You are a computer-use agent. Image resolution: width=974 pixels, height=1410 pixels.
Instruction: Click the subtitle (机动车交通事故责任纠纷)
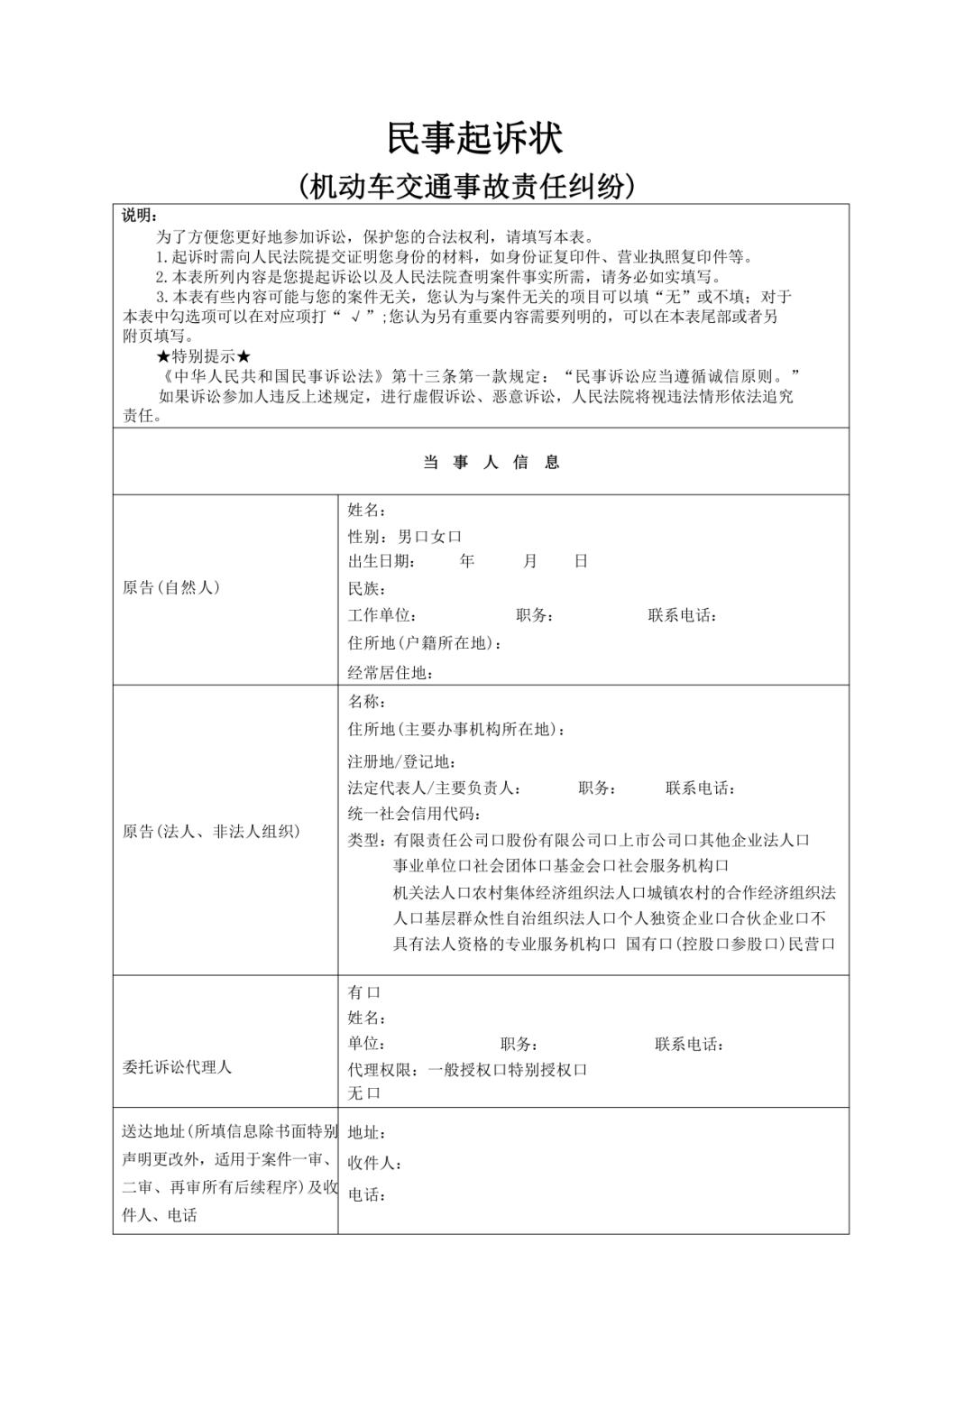(467, 186)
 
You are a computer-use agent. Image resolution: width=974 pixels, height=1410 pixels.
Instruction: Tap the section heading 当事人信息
(492, 462)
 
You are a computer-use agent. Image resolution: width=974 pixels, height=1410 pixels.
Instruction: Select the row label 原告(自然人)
(171, 587)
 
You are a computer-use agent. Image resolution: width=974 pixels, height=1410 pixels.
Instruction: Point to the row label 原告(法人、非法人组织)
(211, 832)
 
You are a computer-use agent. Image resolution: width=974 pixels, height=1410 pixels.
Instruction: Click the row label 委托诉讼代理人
(177, 1067)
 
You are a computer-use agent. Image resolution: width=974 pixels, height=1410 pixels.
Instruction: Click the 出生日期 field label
(381, 561)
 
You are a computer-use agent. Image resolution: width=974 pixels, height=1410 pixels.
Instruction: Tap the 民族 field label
(366, 589)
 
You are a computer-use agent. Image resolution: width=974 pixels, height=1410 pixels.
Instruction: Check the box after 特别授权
(581, 1070)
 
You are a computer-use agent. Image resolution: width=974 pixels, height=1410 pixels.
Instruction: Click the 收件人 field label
(374, 1164)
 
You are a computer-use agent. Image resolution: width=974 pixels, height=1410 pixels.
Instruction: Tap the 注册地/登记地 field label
(402, 761)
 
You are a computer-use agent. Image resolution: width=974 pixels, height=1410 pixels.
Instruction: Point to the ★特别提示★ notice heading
(204, 356)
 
